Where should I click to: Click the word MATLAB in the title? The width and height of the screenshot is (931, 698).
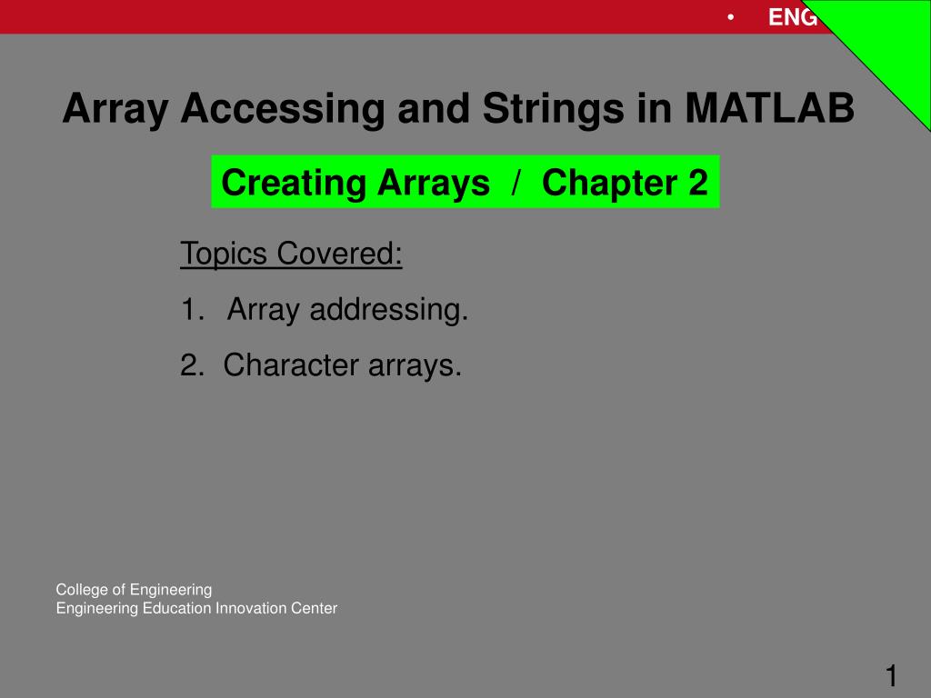tap(770, 110)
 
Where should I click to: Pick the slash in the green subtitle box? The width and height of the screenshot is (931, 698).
tap(516, 183)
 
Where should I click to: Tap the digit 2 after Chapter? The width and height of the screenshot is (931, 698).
tap(697, 183)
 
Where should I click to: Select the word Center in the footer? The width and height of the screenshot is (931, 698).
tap(315, 609)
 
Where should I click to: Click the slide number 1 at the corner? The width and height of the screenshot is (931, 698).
tap(892, 676)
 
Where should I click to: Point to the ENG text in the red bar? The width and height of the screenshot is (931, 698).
tap(793, 17)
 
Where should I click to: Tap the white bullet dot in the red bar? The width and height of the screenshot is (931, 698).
tap(730, 16)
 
